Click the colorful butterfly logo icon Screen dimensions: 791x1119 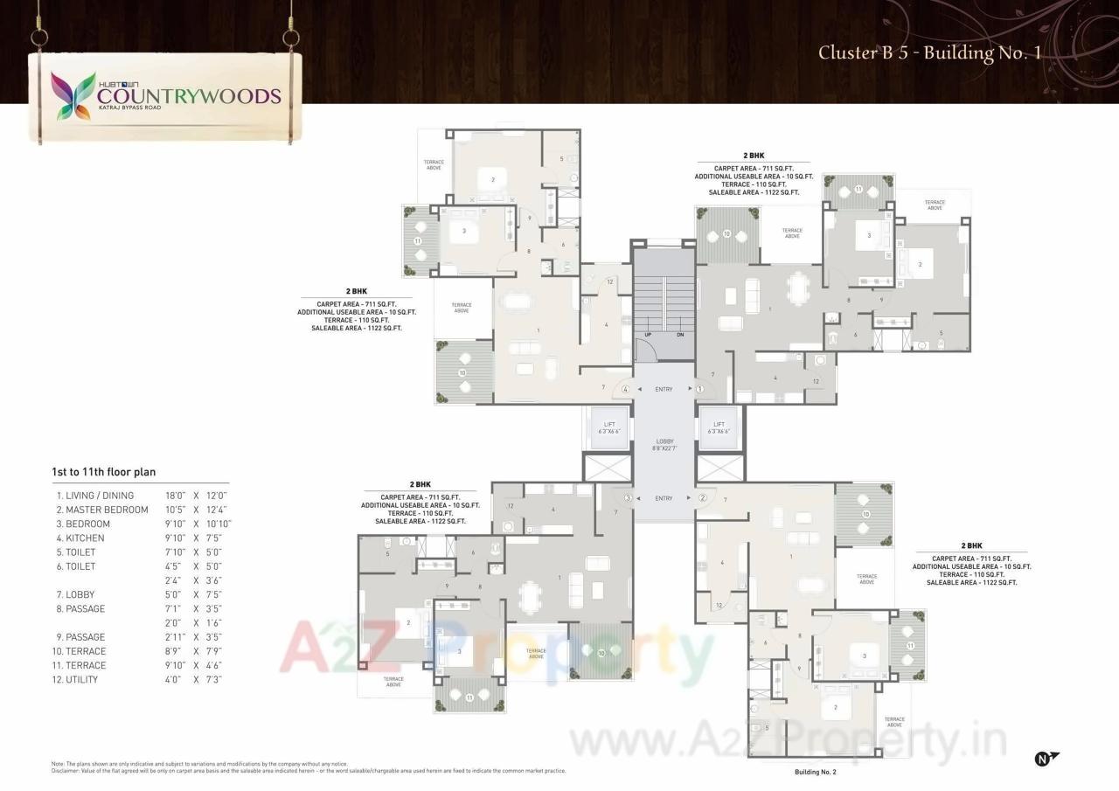[73, 95]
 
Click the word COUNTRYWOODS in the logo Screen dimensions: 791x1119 [189, 96]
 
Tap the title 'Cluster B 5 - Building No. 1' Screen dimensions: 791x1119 [928, 52]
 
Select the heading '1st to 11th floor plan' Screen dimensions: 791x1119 [103, 472]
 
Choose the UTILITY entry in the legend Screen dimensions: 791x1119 [85, 679]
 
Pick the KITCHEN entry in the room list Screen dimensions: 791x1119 [85, 538]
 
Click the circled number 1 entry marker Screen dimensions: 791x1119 [700, 389]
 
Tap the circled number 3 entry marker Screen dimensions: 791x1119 [628, 498]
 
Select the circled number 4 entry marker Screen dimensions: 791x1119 [626, 389]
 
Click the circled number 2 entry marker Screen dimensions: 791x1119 [701, 498]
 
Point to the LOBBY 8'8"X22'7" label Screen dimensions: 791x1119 [664, 444]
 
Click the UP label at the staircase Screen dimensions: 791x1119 [648, 335]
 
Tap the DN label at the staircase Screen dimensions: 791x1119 [680, 335]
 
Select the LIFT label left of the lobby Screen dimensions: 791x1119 [609, 427]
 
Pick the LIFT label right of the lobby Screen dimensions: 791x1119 [719, 427]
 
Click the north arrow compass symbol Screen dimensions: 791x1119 [1046, 759]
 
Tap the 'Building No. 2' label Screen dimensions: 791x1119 [815, 773]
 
